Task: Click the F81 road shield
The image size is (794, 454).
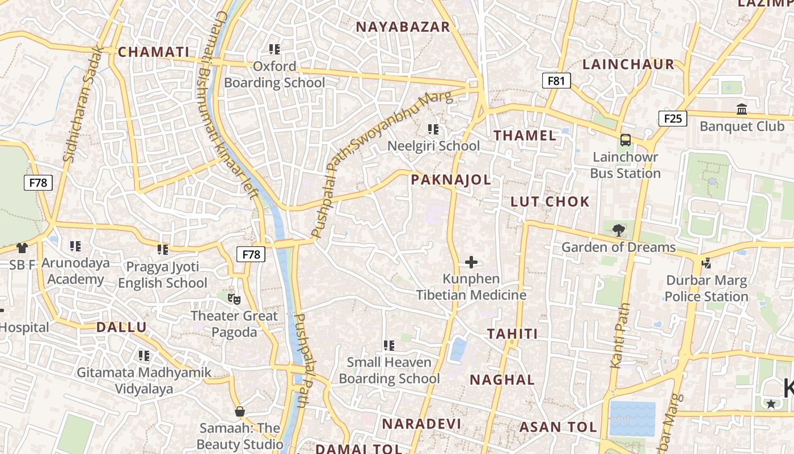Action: point(556,81)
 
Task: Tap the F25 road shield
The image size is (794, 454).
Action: point(673,118)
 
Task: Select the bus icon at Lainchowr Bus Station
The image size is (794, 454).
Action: point(625,140)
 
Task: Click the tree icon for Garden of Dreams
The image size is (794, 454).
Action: point(618,230)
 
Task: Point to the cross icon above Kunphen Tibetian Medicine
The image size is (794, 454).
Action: point(471,262)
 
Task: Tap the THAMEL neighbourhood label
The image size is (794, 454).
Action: point(525,135)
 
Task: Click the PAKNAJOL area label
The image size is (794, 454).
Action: point(450,180)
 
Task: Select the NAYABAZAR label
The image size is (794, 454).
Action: point(402,27)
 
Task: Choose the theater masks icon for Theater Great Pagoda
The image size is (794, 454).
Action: point(234,298)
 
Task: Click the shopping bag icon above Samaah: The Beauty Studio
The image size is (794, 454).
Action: point(239,411)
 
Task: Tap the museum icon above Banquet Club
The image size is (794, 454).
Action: point(741,108)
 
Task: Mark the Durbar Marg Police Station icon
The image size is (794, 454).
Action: point(706,263)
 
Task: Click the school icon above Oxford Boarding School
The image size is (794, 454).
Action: point(274,49)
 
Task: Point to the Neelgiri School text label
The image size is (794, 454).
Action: point(433,146)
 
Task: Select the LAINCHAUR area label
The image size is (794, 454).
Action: point(628,64)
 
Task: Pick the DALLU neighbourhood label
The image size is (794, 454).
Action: point(121,327)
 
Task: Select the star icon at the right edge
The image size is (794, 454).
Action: point(771,403)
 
